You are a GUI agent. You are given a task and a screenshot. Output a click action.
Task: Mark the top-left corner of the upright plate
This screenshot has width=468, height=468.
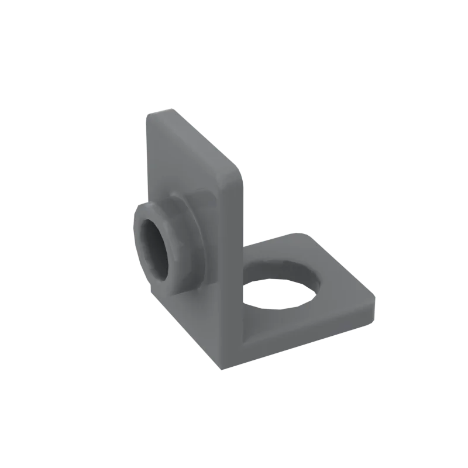pyautogui.click(x=150, y=114)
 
